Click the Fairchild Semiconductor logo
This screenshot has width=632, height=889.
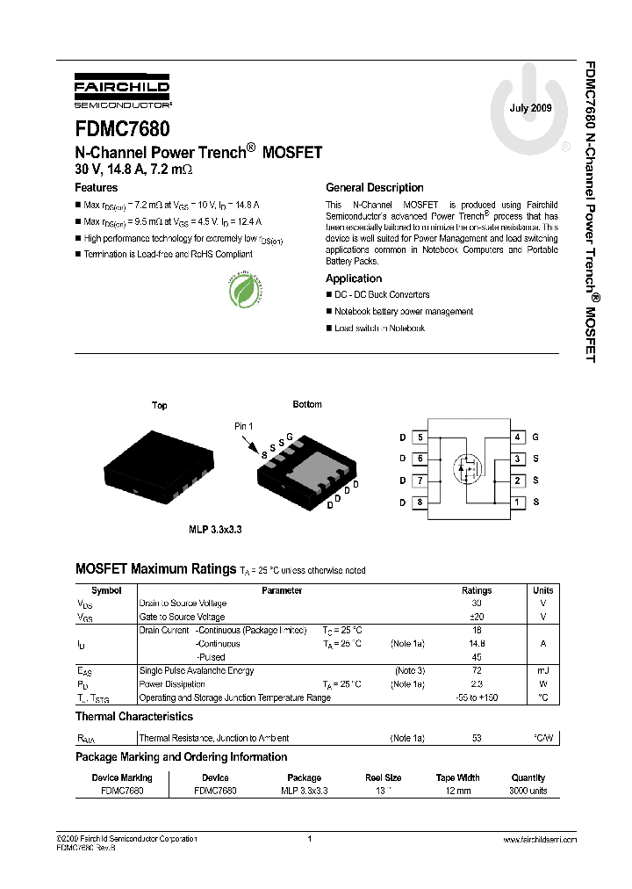(122, 92)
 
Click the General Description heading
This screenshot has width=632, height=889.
(374, 187)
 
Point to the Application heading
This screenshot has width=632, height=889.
(354, 278)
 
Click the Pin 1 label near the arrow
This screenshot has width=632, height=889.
(243, 426)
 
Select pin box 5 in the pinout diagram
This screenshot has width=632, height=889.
(420, 437)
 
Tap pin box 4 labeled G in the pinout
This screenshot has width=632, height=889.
(518, 437)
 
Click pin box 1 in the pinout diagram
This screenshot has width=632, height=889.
(518, 502)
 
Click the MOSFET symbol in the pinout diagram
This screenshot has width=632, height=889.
(469, 468)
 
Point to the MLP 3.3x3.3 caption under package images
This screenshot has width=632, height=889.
(215, 530)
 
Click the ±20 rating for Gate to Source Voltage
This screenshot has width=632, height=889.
(477, 617)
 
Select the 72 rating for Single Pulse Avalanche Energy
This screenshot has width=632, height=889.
(477, 670)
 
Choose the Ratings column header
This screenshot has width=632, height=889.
(477, 590)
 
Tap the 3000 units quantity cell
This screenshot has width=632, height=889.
(528, 791)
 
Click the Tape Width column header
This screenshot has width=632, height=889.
(457, 777)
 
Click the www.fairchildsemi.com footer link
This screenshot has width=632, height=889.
(539, 840)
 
